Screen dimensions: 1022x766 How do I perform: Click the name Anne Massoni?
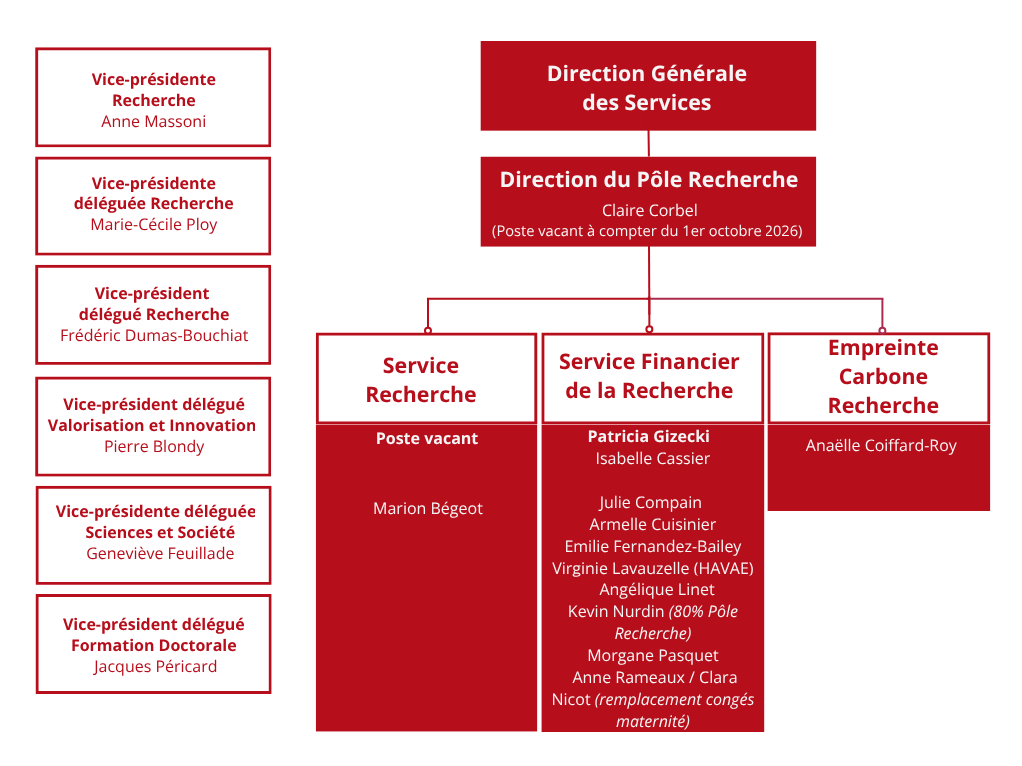153,121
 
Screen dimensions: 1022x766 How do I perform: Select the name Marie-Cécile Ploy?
153,224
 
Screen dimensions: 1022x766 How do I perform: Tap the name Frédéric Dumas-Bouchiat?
154,335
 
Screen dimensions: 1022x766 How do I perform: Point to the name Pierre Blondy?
154,446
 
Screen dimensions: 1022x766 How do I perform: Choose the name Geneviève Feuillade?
160,553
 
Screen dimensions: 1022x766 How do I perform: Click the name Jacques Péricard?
155,667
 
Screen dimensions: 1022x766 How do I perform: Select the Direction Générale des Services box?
649,86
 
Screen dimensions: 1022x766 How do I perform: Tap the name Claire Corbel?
649,211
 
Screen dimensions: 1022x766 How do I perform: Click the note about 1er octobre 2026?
647,231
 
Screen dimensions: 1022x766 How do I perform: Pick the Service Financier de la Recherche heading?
649,376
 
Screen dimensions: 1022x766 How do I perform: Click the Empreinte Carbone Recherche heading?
883,376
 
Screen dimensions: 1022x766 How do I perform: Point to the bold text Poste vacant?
427,439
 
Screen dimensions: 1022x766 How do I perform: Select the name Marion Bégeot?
428,508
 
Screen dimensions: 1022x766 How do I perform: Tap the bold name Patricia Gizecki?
649,437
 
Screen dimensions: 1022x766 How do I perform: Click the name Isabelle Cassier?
653,459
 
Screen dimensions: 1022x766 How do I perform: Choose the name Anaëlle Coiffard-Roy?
881,446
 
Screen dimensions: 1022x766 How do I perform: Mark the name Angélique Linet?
657,590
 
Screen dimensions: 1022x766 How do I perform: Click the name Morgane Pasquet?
653,656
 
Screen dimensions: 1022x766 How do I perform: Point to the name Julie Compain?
651,503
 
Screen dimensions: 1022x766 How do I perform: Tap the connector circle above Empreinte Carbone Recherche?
882,331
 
